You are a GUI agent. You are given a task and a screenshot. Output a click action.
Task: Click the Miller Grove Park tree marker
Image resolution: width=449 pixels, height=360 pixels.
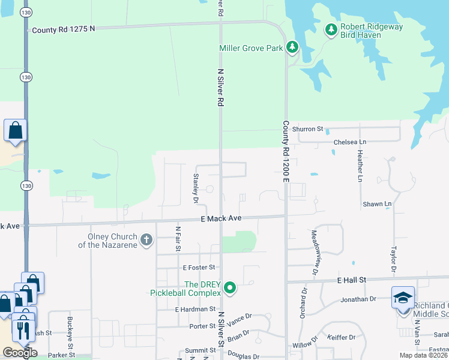click(292, 46)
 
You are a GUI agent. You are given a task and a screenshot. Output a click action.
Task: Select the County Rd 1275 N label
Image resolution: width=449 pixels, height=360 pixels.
click(64, 29)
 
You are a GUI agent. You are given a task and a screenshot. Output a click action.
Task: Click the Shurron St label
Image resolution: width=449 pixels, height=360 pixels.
click(312, 129)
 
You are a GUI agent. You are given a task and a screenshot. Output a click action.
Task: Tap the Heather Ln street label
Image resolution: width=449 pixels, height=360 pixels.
click(360, 166)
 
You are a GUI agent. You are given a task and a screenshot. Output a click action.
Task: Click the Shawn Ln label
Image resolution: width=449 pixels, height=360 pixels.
click(376, 204)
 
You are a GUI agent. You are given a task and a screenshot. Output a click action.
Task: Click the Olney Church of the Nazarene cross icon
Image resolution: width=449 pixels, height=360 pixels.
click(146, 241)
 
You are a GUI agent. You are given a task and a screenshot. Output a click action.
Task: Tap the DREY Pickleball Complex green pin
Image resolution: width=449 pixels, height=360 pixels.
click(229, 289)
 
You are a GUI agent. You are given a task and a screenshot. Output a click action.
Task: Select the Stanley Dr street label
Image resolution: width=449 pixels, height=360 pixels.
click(195, 186)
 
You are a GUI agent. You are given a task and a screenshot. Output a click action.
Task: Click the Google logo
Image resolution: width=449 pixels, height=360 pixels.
click(20, 353)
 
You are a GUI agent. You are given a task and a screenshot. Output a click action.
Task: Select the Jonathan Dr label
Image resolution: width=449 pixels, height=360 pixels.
click(358, 298)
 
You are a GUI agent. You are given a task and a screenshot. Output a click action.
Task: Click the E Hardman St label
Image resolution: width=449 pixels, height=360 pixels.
click(195, 309)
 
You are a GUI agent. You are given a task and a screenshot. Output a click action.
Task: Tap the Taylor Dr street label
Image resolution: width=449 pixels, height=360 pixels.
click(394, 260)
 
